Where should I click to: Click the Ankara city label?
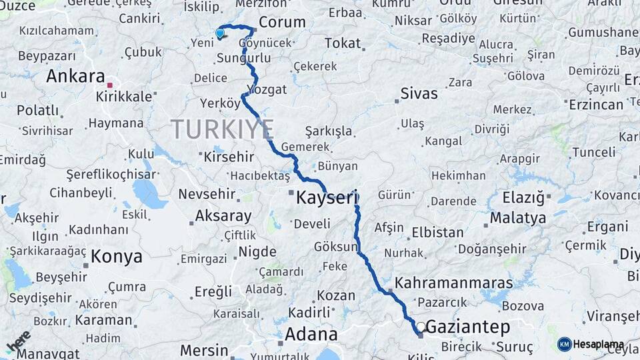[x=75, y=76]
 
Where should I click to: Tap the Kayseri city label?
[x=327, y=197]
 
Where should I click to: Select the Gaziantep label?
[x=467, y=327]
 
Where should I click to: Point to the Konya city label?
[x=117, y=256]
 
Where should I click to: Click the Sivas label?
[x=419, y=93]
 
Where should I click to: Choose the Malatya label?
[x=518, y=217]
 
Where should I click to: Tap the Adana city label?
[x=311, y=333]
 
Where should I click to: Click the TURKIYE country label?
[x=223, y=128]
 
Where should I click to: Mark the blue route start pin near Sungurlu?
[x=220, y=33]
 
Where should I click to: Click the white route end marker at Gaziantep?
[x=421, y=327]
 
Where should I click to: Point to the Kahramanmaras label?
[x=454, y=283]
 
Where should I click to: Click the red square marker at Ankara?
[x=110, y=85]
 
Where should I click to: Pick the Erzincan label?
[x=596, y=104]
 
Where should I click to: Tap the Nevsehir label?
[x=207, y=194]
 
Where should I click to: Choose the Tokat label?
[x=343, y=43]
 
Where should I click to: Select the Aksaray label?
[x=223, y=216]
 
